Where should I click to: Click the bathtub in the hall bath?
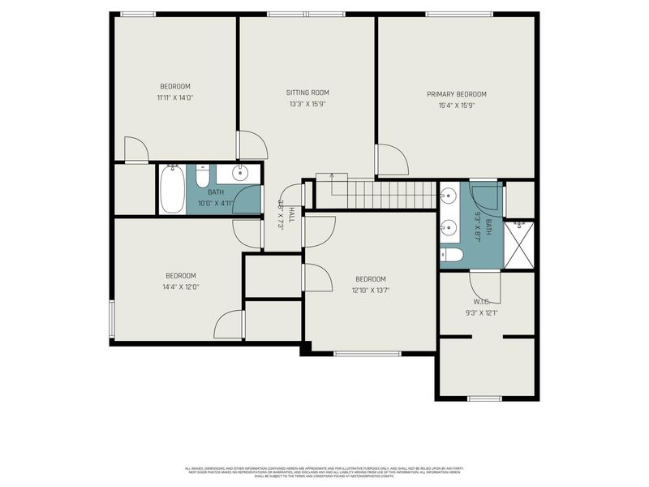point(171,189)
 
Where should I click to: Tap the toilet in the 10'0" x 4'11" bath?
point(203,176)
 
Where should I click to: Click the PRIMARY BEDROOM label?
point(457,94)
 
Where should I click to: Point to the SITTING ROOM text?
point(307,93)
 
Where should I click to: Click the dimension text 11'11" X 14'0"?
point(175,97)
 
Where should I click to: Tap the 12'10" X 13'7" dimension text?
point(370,290)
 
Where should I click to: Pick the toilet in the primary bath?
point(452,256)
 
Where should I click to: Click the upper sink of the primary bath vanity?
point(449,196)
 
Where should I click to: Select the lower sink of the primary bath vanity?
point(449,227)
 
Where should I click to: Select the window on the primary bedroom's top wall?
point(458,14)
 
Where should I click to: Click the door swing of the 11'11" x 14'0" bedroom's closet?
point(135,150)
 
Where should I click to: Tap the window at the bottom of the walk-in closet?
point(484,398)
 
